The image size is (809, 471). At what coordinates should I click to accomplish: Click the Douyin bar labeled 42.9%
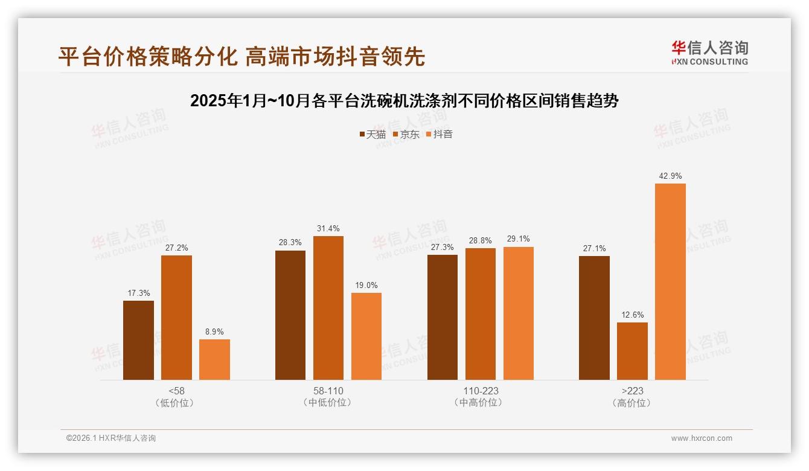point(670,281)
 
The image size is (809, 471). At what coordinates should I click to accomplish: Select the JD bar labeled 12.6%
point(632,351)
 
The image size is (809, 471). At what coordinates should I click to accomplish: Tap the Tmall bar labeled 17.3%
point(138,340)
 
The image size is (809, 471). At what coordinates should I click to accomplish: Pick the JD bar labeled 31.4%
point(328,307)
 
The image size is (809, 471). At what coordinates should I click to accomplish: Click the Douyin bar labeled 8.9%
point(214,359)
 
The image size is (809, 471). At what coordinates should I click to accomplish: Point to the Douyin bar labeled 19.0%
point(366,336)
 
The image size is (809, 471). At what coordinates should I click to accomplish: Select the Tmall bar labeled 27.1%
point(594,318)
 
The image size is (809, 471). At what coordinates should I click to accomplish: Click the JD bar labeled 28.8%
point(480,313)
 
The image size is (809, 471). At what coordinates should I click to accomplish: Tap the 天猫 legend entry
point(373,135)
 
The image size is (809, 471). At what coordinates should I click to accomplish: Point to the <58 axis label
point(176,391)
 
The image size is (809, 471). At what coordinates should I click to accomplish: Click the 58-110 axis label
point(328,391)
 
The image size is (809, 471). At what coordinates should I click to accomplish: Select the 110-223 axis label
point(480,391)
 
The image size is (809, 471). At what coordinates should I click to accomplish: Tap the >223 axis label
point(632,391)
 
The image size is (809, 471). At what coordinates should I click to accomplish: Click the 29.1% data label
point(518,239)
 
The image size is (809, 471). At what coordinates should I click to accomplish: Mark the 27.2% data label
point(176,248)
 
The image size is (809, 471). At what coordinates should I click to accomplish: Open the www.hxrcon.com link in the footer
point(701,438)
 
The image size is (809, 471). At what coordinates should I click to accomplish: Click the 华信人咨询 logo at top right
point(709,53)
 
